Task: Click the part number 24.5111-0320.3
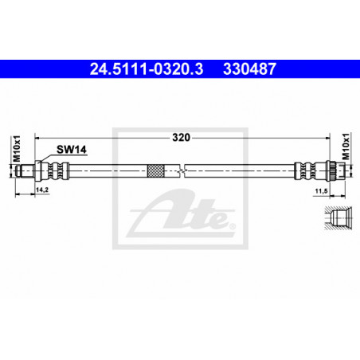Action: point(147,69)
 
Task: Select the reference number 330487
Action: point(249,69)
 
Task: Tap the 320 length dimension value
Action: point(182,138)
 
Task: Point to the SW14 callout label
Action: point(72,150)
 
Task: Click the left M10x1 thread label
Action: point(17,149)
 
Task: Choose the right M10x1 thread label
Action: point(346,146)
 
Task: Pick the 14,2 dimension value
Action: point(42,190)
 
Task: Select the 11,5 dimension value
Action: point(321,191)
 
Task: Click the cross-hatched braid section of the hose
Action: point(155,170)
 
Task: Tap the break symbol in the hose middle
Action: point(182,170)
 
